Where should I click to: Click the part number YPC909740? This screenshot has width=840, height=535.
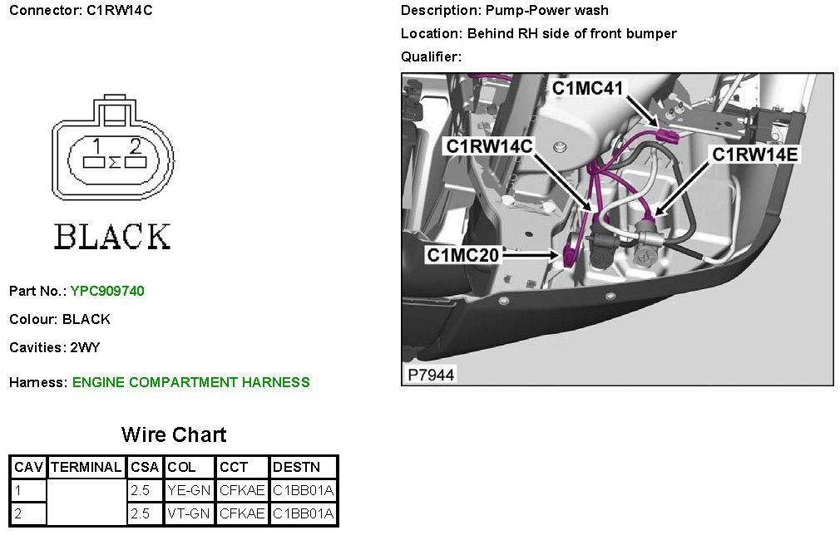coord(107,291)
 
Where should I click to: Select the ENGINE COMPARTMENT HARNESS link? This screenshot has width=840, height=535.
coord(190,382)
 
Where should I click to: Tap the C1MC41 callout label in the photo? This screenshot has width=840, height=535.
coord(588,88)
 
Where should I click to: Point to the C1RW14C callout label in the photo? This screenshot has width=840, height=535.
coord(490,146)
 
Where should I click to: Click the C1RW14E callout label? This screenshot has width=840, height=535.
coord(754,155)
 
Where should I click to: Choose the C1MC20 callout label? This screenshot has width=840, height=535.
coord(463,255)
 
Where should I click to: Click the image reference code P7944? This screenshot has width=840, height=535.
coord(431,375)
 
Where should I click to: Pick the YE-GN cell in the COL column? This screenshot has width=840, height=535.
coord(190,490)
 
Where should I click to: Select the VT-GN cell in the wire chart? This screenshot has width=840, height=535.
coord(190,514)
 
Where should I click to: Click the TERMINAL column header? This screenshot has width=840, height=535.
coord(86,468)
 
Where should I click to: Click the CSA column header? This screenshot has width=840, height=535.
coord(145,468)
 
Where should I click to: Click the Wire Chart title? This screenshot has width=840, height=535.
coord(173,434)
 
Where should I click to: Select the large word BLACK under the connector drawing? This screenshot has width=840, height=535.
coord(112,237)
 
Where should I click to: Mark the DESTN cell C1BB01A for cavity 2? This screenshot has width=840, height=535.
coord(303,514)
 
